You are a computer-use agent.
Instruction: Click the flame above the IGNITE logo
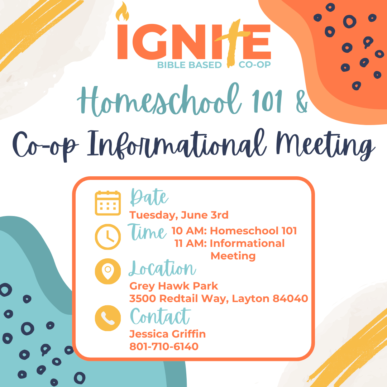tap(123, 12)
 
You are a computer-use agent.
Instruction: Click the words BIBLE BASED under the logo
tap(189, 65)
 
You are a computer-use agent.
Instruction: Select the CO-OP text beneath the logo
tap(254, 64)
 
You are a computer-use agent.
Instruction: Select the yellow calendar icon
tap(108, 203)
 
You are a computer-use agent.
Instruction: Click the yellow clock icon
tap(108, 237)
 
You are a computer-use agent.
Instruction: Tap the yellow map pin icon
tap(108, 271)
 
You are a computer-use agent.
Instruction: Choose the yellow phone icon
tap(108, 318)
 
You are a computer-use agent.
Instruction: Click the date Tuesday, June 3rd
tap(179, 215)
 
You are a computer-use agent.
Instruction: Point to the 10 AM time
tap(189, 231)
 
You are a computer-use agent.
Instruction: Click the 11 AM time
tap(191, 243)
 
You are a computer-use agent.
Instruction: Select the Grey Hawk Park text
tap(174, 286)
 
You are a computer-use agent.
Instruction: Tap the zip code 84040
tap(291, 298)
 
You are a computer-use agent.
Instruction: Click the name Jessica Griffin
tap(168, 334)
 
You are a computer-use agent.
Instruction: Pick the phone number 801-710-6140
tap(164, 347)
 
